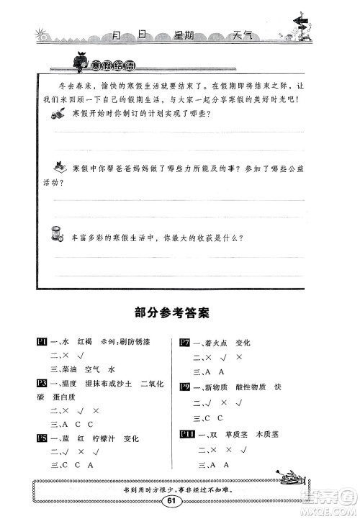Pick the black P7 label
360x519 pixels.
pos(184,343)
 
